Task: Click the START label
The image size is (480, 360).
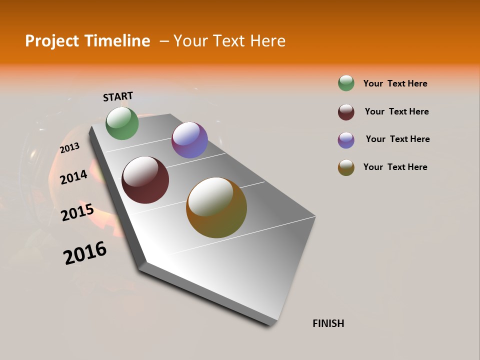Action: click(118, 96)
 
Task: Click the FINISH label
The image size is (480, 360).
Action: click(328, 323)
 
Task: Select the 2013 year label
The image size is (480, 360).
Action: click(69, 148)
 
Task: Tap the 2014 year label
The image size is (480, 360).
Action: click(73, 177)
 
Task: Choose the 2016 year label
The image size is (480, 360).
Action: click(85, 253)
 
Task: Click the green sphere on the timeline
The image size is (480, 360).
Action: click(122, 123)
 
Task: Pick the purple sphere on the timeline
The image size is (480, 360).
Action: click(189, 140)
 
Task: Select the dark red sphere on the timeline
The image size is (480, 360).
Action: click(145, 180)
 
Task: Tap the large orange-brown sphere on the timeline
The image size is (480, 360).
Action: click(216, 207)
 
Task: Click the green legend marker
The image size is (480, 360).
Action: click(346, 83)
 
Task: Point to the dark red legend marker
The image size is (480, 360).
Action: click(346, 112)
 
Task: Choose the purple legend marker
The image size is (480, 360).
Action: click(346, 140)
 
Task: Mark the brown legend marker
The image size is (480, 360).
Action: click(346, 167)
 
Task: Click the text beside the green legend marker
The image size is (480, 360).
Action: click(395, 83)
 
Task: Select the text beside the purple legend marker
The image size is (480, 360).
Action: click(397, 139)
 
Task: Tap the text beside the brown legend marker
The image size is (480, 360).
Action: click(395, 167)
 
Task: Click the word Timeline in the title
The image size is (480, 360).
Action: click(118, 41)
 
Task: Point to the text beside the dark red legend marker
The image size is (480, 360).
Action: click(396, 111)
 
